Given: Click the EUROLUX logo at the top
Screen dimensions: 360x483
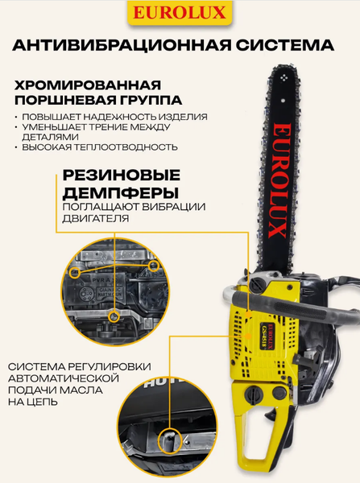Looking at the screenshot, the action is click(x=180, y=14).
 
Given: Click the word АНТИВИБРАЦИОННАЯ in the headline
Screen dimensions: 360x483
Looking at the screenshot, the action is click(x=122, y=45).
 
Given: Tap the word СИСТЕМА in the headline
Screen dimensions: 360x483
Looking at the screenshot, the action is click(x=285, y=45).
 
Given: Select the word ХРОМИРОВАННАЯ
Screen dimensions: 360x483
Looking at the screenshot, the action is click(x=88, y=85).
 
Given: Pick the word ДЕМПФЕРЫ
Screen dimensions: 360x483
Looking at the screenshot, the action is click(x=121, y=193).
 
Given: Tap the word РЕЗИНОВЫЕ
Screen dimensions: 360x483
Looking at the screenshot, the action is click(x=122, y=175).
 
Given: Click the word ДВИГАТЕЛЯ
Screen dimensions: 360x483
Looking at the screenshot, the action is click(x=96, y=218).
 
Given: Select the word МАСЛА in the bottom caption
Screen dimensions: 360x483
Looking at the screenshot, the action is click(x=81, y=390).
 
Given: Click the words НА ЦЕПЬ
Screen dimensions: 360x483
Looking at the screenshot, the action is click(x=33, y=402).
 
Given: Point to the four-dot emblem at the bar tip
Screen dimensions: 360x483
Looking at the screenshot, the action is click(x=283, y=79).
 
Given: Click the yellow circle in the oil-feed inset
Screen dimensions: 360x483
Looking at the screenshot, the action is click(x=170, y=441).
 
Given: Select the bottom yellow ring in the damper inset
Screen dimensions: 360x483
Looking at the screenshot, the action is click(x=114, y=316).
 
